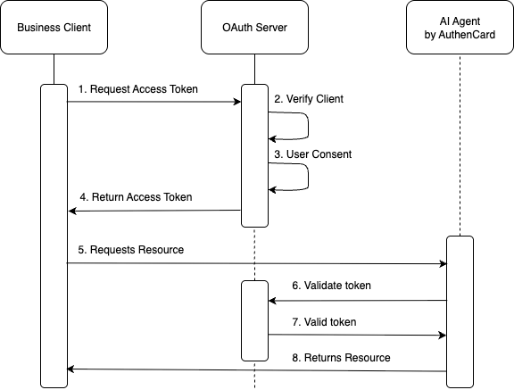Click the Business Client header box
click(x=54, y=27)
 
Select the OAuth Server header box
click(x=254, y=27)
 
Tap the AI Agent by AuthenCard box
click(x=460, y=27)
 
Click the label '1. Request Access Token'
click(x=138, y=89)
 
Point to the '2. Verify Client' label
click(x=309, y=99)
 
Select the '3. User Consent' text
click(x=312, y=154)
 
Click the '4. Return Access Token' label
click(x=136, y=197)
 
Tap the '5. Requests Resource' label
click(x=131, y=250)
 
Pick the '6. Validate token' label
click(x=331, y=286)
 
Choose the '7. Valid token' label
click(x=324, y=322)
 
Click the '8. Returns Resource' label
click(x=341, y=358)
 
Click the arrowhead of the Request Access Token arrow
click(x=237, y=102)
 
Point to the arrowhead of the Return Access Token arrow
click(x=72, y=211)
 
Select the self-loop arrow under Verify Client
click(x=308, y=126)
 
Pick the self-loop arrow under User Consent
click(x=308, y=177)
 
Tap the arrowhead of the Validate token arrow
click(x=272, y=301)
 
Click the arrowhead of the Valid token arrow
click(x=443, y=336)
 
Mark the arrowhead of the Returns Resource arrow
click(x=71, y=369)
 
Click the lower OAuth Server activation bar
click(x=254, y=321)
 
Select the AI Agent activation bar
click(x=460, y=312)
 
